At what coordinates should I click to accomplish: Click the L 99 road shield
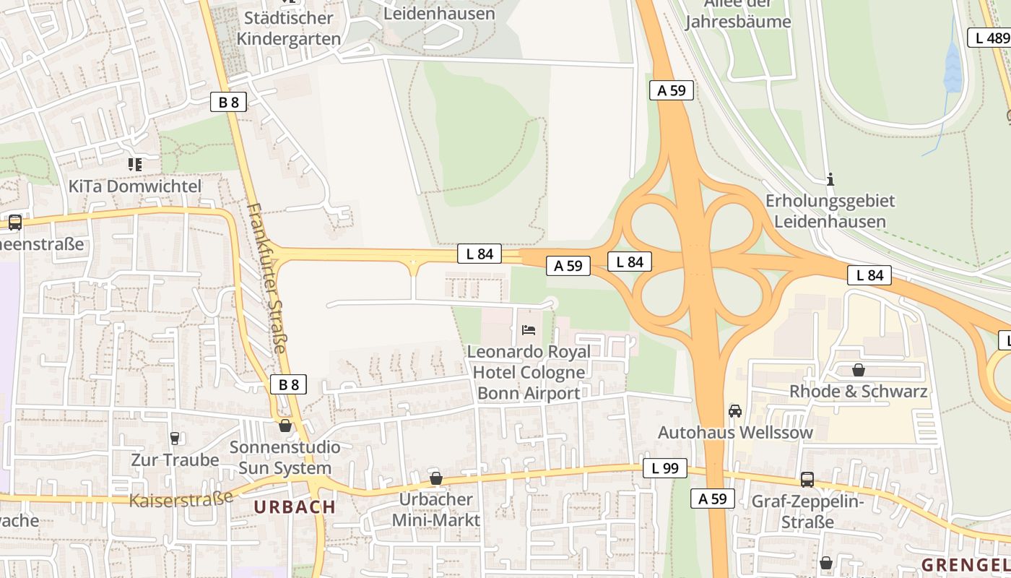pos(664,468)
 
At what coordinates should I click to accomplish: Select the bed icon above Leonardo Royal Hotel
pos(529,330)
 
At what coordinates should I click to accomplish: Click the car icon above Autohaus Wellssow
pos(735,410)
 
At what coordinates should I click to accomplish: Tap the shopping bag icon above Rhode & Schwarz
pos(858,370)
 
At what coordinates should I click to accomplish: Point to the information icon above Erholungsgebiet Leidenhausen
pos(830,178)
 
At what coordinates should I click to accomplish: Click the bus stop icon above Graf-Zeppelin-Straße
pos(807,479)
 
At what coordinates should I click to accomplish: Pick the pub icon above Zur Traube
pos(174,438)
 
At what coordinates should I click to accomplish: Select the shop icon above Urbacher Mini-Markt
pos(435,478)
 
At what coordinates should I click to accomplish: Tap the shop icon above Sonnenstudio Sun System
pos(285,426)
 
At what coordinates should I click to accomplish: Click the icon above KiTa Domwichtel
pos(134,165)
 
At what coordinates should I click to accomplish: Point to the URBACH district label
pos(295,507)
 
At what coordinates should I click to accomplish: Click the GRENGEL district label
pos(966,564)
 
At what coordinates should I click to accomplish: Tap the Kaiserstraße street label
pos(181,499)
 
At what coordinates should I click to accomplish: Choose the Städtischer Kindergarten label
pos(289,28)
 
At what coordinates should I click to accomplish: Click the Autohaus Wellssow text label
pos(735,433)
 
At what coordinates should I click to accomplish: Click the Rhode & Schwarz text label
pos(858,392)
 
